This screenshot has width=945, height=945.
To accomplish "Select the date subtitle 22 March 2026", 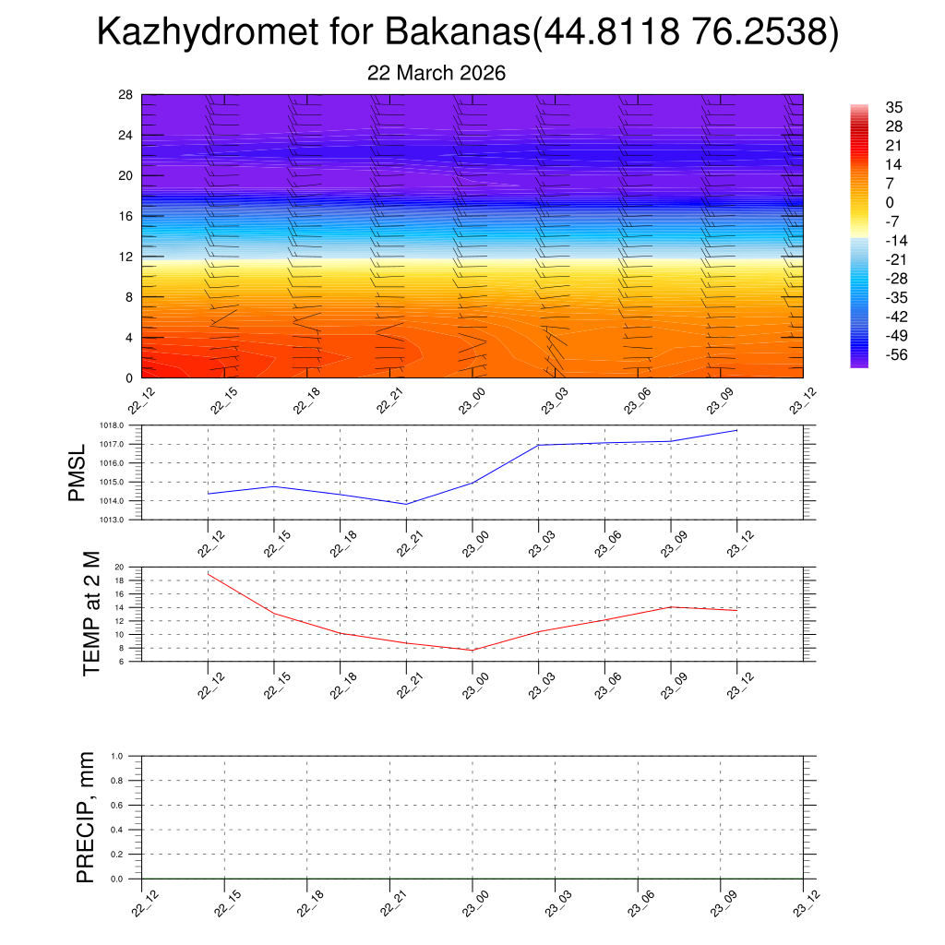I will point(437,73).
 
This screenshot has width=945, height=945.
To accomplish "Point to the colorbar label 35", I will point(893,107).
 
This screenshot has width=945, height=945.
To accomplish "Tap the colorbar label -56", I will point(896,355).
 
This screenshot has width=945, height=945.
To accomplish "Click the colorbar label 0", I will point(890,202).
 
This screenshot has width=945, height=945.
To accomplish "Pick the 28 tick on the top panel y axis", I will point(126,95).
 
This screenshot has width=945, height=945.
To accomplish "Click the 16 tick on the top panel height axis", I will point(126,216).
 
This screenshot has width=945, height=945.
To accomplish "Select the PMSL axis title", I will point(77,472).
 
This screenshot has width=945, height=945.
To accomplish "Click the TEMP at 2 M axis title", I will point(90,614).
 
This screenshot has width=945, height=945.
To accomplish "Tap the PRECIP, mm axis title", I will point(86,817).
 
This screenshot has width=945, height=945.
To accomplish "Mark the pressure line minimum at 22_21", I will point(407,504).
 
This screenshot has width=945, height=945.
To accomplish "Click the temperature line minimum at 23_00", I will point(472,651).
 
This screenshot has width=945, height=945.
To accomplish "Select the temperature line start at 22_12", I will point(209,574).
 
